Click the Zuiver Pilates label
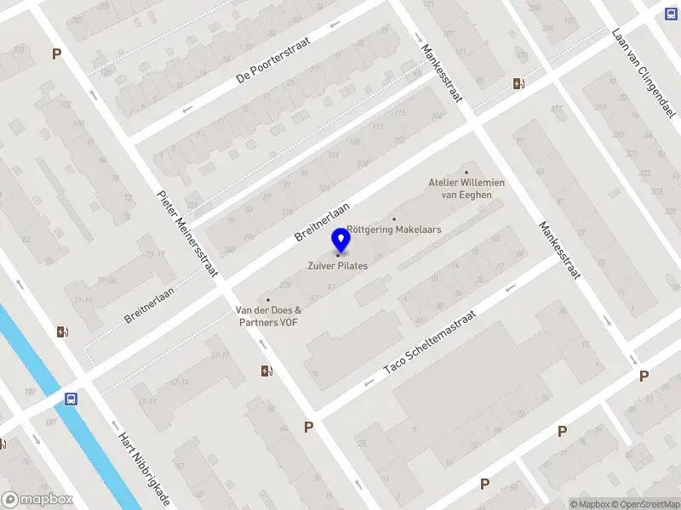[x=338, y=266]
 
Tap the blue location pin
[x=340, y=240]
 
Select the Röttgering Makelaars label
[x=393, y=229]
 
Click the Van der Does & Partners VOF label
[x=268, y=316]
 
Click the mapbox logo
[x=37, y=500]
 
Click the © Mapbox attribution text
[x=590, y=504]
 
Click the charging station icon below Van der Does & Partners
[x=266, y=371]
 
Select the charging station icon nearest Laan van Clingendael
[x=518, y=83]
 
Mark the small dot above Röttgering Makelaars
[x=393, y=219]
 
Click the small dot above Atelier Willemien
[x=466, y=173]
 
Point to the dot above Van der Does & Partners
[x=268, y=300]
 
